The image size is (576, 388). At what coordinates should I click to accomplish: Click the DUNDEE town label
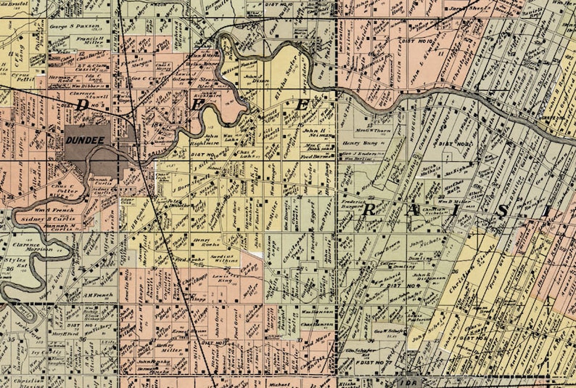pos(86,140)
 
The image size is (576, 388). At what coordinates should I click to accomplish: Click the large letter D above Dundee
pos(83,105)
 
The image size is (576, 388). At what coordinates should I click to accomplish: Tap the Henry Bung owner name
pos(355,143)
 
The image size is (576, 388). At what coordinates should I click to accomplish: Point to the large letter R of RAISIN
pos(372,211)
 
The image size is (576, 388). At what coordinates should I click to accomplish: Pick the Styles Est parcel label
pos(17,262)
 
